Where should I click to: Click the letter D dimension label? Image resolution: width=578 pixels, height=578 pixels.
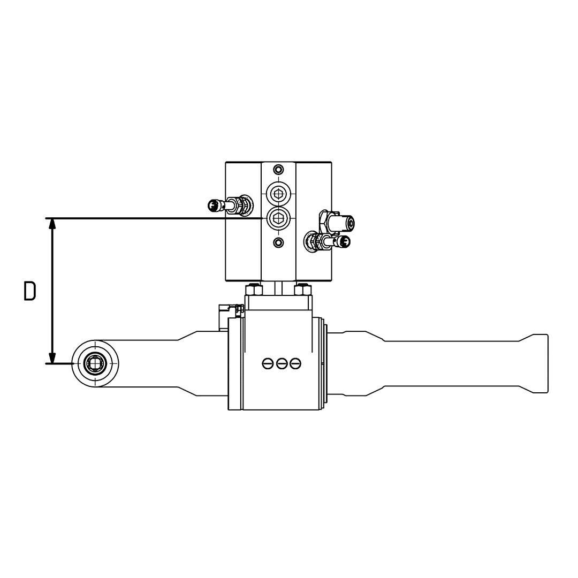pos(30,291)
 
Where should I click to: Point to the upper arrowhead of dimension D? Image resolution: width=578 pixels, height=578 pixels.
pos(52,224)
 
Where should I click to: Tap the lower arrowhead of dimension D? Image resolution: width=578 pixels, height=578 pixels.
pos(52,358)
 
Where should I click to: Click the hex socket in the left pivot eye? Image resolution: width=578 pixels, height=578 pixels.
pos(95,363)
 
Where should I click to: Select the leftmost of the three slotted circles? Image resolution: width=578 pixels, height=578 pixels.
pos(268,364)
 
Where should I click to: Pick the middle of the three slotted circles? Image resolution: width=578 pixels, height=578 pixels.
pos(282,364)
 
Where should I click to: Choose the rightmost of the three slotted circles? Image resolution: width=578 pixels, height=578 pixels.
pos(295,364)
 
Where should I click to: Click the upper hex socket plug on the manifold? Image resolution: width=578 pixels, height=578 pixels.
pos(278,193)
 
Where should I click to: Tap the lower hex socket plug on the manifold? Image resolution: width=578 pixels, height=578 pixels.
pos(278,217)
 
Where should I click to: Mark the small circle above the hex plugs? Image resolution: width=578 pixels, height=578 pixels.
pos(278,170)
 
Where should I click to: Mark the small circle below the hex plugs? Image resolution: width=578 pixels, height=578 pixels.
pos(278,243)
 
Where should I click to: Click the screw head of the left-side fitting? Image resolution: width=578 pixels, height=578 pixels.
pos(214,204)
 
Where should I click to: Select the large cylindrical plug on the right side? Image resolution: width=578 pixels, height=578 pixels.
pos(343,222)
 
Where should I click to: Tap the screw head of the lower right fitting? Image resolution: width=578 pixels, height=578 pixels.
pos(345,242)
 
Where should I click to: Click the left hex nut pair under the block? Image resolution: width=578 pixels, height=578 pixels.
pos(254,290)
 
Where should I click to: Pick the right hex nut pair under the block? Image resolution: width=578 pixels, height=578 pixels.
pos(303,290)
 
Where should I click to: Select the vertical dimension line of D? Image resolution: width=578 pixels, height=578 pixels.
pos(52,291)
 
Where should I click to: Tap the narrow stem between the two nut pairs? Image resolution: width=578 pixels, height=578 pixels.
pos(278,288)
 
